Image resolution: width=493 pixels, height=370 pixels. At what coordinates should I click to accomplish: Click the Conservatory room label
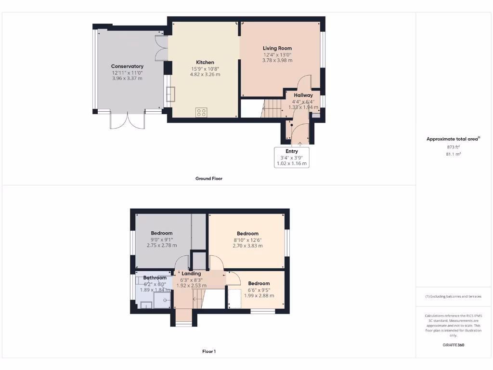127,66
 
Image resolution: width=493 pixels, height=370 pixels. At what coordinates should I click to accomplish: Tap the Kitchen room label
205,63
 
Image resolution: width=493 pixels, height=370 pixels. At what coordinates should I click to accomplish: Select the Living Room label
277,48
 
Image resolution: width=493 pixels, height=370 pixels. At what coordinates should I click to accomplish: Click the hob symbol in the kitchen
202,112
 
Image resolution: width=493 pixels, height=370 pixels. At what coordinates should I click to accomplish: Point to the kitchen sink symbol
171,94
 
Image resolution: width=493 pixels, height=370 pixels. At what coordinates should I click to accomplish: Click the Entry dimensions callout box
292,158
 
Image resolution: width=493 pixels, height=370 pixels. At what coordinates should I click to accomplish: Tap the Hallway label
303,95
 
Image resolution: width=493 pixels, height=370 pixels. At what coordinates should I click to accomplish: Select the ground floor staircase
272,108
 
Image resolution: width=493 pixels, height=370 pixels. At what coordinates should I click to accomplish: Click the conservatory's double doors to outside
128,120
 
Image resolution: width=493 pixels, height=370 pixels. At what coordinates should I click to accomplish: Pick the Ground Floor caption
209,179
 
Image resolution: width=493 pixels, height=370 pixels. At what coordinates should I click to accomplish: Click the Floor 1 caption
209,352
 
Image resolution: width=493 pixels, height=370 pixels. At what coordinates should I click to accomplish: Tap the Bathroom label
155,278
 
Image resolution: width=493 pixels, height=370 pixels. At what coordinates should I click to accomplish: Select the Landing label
191,274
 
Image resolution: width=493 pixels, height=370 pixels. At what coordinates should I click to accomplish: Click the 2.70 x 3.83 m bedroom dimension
247,246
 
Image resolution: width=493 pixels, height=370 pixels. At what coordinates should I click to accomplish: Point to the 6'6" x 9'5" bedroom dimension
259,290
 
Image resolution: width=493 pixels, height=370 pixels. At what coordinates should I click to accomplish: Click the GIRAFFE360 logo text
453,345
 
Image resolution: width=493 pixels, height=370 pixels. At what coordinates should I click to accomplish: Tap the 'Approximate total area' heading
453,139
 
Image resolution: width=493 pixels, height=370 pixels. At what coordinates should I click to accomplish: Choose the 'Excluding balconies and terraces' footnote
453,296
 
